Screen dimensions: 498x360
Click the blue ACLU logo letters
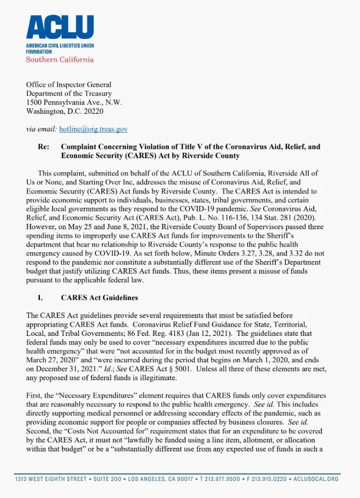(x=60, y=27)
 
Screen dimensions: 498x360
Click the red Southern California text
(x=59, y=59)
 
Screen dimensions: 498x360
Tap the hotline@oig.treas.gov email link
(x=94, y=129)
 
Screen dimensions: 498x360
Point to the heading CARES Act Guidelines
(x=99, y=297)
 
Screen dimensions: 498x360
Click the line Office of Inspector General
(x=69, y=85)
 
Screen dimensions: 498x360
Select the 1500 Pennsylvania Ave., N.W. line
(x=74, y=102)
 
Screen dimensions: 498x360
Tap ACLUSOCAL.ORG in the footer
(x=317, y=479)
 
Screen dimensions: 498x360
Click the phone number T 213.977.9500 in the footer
(x=222, y=479)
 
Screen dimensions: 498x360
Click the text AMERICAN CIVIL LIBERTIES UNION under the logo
(x=60, y=46)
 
